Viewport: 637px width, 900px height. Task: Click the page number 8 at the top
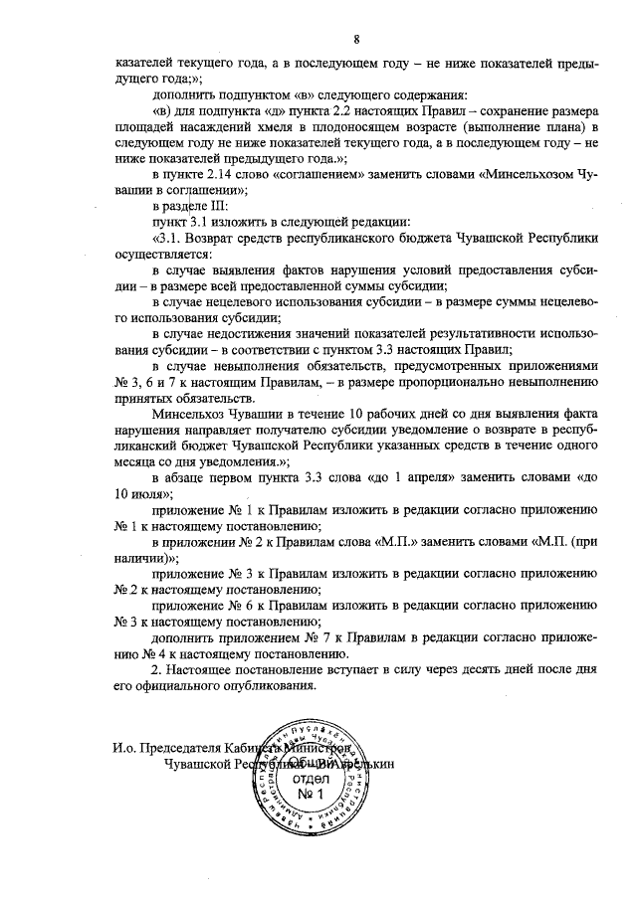[x=355, y=39]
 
